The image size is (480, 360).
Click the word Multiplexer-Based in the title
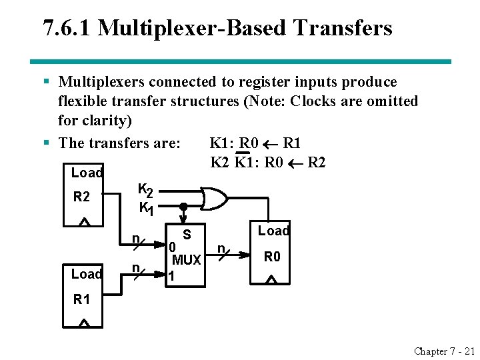coord(195,28)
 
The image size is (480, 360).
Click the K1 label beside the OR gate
coord(146,209)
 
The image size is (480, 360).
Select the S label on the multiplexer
coord(187,234)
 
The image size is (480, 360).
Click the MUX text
coord(186,260)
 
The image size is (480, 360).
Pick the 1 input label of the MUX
coord(172,275)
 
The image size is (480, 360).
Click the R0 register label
coord(272,257)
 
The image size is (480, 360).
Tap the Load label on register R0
coord(273,231)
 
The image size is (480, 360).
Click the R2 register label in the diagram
coord(81,197)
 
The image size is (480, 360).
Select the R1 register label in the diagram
coord(81,299)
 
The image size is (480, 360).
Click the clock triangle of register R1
coord(84,323)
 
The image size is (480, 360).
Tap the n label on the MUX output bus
coord(221,248)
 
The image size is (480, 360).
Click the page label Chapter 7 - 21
coord(443,351)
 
